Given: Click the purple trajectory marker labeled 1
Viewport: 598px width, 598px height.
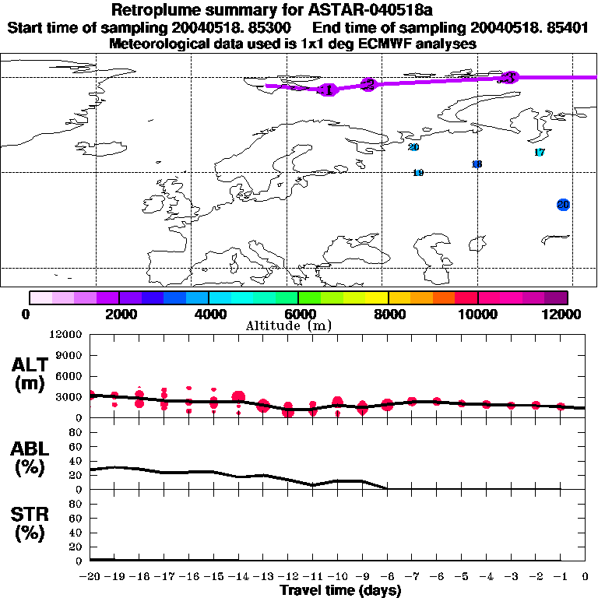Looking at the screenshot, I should click(328, 90).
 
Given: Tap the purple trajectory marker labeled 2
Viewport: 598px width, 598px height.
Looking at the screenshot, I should click(369, 84).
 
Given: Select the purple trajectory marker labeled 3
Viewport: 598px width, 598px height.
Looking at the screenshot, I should click(510, 77).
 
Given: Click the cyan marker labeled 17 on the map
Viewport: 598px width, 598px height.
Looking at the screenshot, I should click(540, 153).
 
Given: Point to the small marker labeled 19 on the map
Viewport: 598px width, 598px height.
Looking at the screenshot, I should click(418, 173).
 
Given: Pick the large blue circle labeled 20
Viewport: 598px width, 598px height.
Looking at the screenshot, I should click(564, 205).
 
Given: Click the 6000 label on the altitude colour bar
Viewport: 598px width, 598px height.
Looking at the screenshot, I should click(298, 314).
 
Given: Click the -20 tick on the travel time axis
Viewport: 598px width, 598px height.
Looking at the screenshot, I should click(90, 576).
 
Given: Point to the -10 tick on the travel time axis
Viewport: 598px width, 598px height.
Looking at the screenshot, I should click(337, 576).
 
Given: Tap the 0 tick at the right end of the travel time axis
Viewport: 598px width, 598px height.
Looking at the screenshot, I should click(586, 576).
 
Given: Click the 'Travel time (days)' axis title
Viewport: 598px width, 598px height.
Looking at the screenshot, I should click(340, 590).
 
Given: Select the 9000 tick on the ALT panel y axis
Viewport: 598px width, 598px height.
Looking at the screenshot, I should click(69, 355).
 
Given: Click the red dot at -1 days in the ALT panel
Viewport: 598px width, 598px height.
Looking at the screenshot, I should click(561, 406).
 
